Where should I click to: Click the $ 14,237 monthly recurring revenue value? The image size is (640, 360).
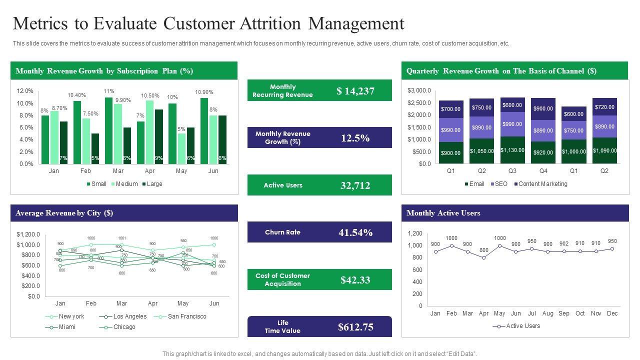[x=355, y=91]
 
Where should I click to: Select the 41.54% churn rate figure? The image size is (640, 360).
[x=355, y=232]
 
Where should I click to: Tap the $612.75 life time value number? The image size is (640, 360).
[x=355, y=327]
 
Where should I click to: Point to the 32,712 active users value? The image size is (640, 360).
[x=355, y=185]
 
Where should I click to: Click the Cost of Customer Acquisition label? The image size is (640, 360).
[x=282, y=279]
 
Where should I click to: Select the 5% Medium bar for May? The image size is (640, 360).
[x=181, y=148]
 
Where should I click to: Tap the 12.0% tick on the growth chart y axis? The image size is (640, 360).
[x=25, y=91]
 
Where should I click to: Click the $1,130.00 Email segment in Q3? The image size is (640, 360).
[x=512, y=150]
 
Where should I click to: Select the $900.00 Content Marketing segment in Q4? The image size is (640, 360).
[x=543, y=108]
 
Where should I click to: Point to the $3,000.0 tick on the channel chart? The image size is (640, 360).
[x=419, y=90]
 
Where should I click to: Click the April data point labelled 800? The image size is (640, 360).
[x=483, y=257]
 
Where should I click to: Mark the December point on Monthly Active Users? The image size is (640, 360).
[x=612, y=248]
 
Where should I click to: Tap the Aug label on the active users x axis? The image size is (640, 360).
[x=547, y=313]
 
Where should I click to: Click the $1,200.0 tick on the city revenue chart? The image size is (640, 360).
[x=28, y=234]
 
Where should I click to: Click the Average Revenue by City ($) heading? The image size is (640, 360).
[x=64, y=213]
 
